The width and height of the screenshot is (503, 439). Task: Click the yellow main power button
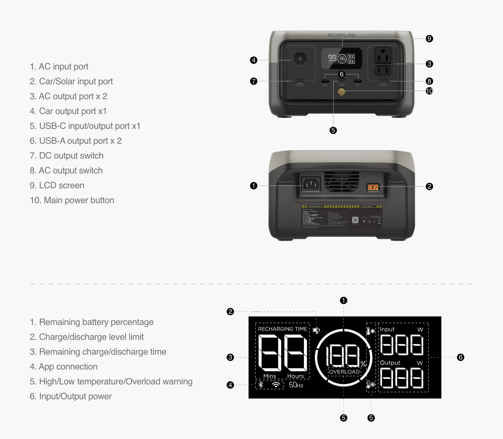[341, 91]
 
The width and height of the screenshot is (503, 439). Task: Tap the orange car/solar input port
[373, 187]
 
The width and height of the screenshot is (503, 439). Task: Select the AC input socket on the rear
[311, 183]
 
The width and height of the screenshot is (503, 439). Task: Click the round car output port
[300, 59]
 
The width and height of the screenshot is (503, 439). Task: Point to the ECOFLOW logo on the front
[341, 35]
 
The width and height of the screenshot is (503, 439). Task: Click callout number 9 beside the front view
[429, 39]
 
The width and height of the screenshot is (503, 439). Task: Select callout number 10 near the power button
[429, 91]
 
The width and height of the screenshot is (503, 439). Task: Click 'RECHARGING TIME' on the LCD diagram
[282, 329]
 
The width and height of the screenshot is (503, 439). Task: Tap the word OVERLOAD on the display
[344, 372]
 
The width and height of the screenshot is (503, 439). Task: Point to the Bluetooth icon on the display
[261, 385]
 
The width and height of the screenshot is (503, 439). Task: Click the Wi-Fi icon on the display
[276, 385]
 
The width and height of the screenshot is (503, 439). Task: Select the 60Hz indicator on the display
[296, 385]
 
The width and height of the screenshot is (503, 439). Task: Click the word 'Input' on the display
[387, 329]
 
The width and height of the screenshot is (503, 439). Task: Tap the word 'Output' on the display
[390, 363]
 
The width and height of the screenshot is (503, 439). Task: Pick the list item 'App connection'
[64, 367]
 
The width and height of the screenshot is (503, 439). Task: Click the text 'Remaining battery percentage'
[92, 322]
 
